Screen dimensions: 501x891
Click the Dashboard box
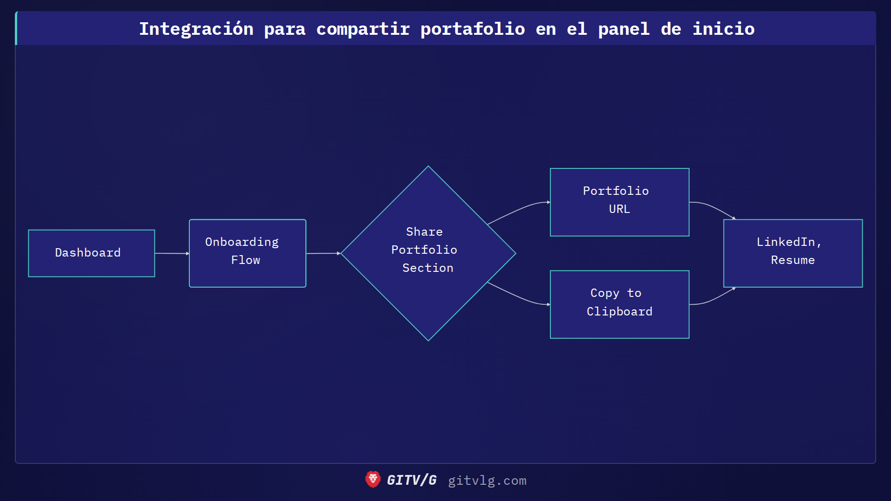tap(91, 253)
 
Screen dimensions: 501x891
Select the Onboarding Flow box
tap(247, 253)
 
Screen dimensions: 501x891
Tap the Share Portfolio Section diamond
tap(428, 253)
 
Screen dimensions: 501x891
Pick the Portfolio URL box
tap(620, 202)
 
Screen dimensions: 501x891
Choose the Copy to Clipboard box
tap(620, 304)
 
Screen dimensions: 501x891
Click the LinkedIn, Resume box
tap(793, 253)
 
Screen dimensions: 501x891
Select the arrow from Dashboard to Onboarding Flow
tap(172, 253)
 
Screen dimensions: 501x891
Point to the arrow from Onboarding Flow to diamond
tap(323, 253)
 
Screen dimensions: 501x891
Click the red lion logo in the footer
tap(373, 480)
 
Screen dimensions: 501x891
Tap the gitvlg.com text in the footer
tap(487, 481)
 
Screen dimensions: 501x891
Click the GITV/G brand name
tap(412, 480)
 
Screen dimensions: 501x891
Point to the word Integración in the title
tap(196, 29)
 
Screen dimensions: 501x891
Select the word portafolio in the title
tap(472, 29)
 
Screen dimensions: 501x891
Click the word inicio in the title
tap(723, 29)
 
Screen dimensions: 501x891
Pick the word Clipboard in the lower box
tap(620, 311)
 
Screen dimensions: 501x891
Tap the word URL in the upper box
tap(620, 209)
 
